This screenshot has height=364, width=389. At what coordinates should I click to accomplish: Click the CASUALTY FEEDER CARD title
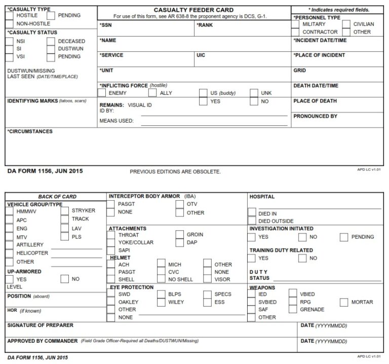tap(193, 10)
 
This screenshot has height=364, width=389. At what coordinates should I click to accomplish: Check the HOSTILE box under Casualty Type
tap(10, 16)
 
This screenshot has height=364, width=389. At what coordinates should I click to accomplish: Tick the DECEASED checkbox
tap(51, 41)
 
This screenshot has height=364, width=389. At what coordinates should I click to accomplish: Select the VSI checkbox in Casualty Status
tap(10, 57)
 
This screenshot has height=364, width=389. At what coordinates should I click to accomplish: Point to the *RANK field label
tap(206, 24)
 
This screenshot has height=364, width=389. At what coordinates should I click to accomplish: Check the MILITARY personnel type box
tap(296, 24)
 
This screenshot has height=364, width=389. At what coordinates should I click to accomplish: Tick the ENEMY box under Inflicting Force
tap(101, 93)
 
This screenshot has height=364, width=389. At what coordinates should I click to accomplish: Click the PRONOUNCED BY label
tap(315, 116)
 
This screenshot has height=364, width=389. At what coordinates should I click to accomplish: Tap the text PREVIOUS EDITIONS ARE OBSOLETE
tap(175, 172)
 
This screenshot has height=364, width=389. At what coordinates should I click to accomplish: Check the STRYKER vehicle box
tap(64, 210)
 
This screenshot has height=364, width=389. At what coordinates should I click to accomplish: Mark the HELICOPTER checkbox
tap(9, 253)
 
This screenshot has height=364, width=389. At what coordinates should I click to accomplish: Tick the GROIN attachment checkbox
tap(179, 235)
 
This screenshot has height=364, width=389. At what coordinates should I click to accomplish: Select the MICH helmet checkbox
tap(161, 264)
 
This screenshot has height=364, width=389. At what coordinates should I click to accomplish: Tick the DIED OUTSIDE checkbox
tap(252, 221)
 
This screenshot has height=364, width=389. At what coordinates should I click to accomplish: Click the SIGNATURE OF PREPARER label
tap(41, 325)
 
